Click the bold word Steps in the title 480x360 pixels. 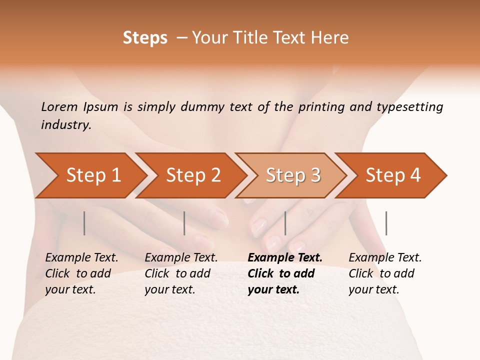(145, 38)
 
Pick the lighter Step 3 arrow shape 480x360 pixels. (293, 175)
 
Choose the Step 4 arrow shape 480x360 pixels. (393, 175)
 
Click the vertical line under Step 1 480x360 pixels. (84, 223)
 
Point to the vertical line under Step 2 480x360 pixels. (184, 223)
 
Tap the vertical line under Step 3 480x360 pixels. (285, 223)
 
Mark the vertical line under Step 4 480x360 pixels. (386, 223)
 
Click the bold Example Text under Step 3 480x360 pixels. (285, 273)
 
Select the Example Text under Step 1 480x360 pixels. (81, 273)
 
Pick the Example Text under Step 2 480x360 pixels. (181, 273)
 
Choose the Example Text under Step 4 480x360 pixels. (385, 273)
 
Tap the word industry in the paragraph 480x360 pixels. (66, 125)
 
